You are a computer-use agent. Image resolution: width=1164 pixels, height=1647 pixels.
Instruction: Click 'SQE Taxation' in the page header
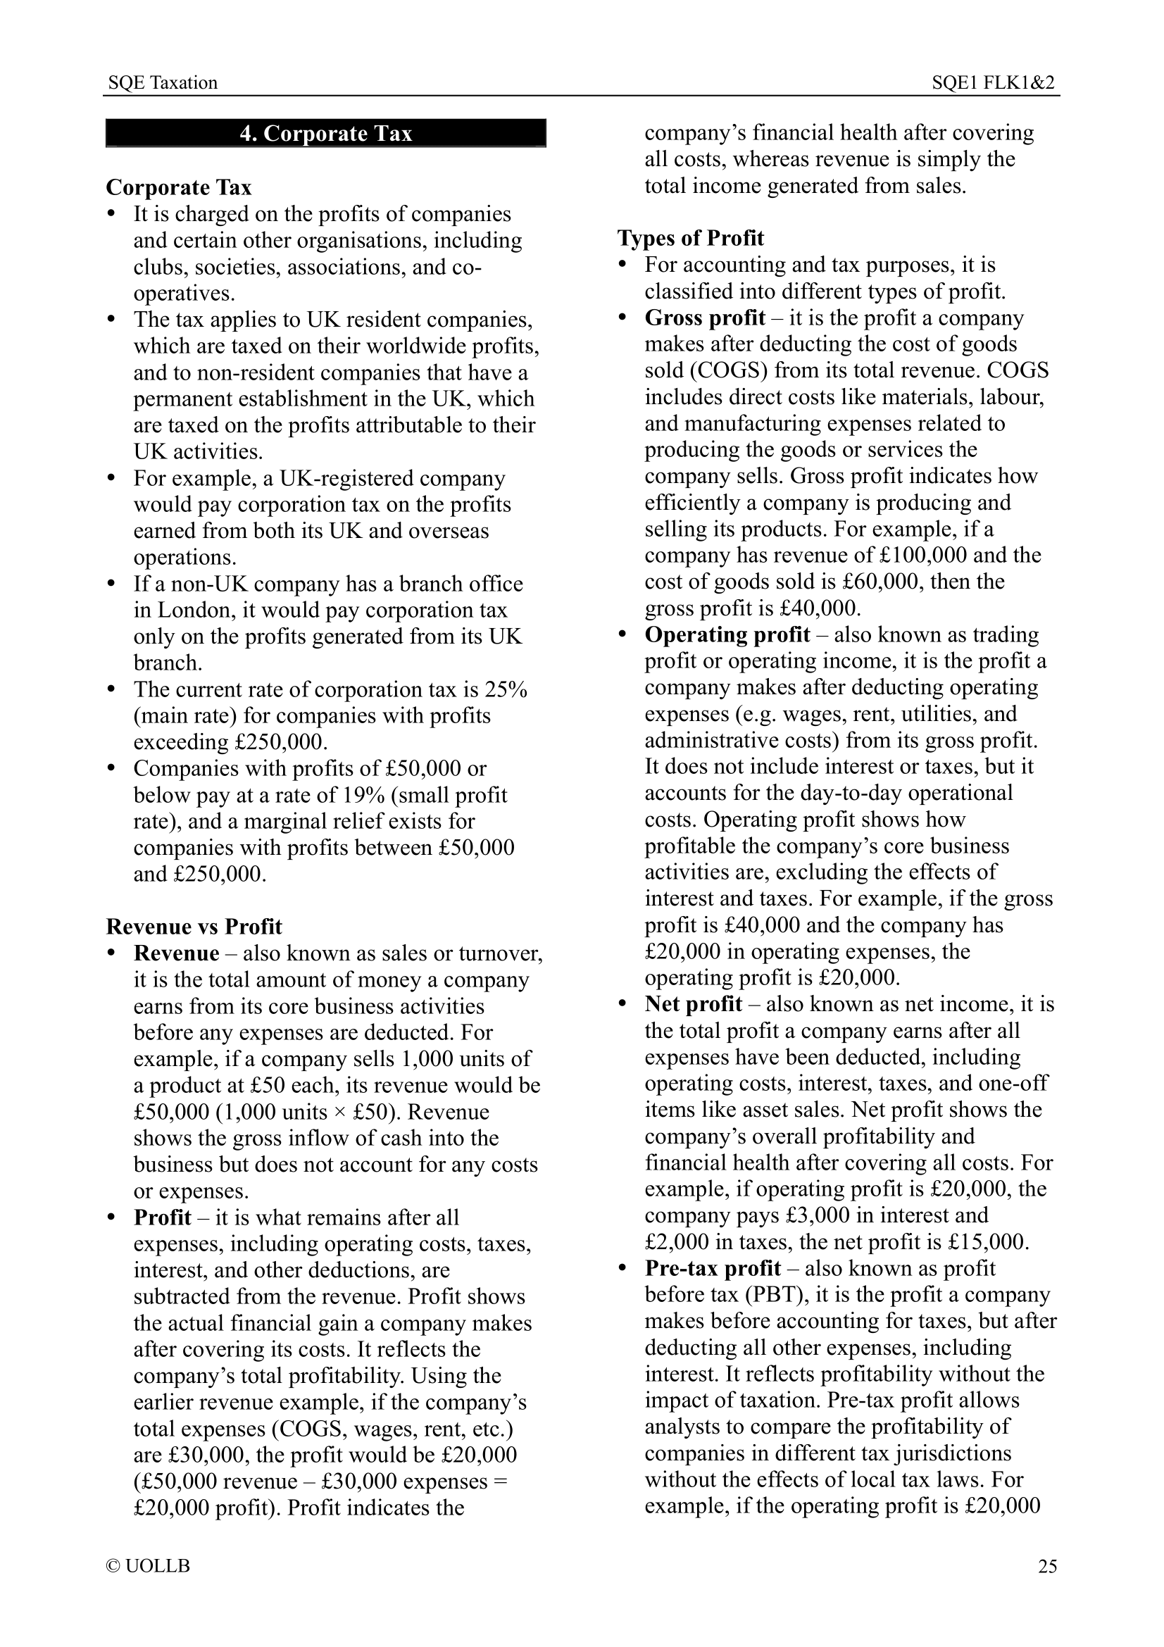pyautogui.click(x=163, y=82)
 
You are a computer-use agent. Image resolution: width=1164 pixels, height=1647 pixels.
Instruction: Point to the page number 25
pyautogui.click(x=1047, y=1566)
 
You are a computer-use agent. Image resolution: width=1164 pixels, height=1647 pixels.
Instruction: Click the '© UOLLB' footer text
pyautogui.click(x=149, y=1566)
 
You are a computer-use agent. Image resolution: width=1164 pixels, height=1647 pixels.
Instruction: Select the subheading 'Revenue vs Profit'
pyautogui.click(x=194, y=927)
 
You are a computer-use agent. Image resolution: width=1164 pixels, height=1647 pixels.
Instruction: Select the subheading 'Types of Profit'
pyautogui.click(x=691, y=238)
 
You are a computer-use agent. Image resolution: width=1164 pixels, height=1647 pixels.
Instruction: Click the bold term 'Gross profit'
pyautogui.click(x=704, y=318)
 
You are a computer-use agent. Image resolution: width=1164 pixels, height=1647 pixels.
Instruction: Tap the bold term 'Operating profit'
pyautogui.click(x=727, y=635)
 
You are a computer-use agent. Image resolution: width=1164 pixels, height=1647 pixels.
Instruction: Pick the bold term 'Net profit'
pyautogui.click(x=693, y=1004)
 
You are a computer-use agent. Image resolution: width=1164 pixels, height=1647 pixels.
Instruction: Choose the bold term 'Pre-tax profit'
pyautogui.click(x=712, y=1268)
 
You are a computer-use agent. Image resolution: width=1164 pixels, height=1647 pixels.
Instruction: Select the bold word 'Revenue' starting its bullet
pyautogui.click(x=177, y=953)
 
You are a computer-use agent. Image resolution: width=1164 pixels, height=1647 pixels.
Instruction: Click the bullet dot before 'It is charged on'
pyautogui.click(x=111, y=215)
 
